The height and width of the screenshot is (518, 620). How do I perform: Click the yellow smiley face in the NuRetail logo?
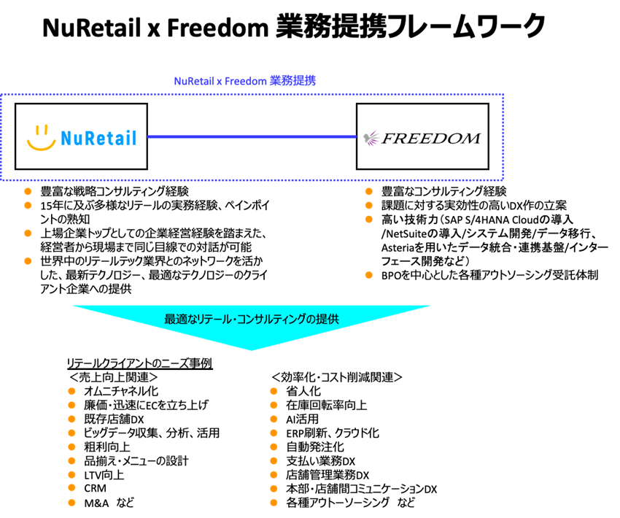pyautogui.click(x=41, y=138)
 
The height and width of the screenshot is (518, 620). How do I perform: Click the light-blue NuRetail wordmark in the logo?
pyautogui.click(x=98, y=138)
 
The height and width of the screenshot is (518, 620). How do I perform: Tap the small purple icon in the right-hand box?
pyautogui.click(x=371, y=138)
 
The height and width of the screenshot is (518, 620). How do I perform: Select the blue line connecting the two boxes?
pyautogui.click(x=252, y=136)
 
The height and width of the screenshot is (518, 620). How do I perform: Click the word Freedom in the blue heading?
pyautogui.click(x=245, y=81)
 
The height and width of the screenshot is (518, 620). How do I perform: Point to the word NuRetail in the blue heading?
pyautogui.click(x=193, y=81)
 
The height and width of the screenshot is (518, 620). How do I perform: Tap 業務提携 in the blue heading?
pyautogui.click(x=292, y=81)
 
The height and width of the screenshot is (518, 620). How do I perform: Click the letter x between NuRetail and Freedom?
pyautogui.click(x=219, y=82)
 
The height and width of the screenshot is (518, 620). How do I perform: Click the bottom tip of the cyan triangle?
pyautogui.click(x=252, y=349)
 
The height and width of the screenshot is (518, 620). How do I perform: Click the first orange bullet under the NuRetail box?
pyautogui.click(x=28, y=191)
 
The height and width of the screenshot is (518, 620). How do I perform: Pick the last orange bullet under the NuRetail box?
pyautogui.click(x=28, y=260)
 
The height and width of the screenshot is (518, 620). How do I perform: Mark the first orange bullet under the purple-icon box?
pyautogui.click(x=368, y=191)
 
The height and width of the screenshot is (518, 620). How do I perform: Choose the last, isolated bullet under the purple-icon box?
pyautogui.click(x=368, y=275)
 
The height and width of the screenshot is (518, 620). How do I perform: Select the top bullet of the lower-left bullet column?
pyautogui.click(x=71, y=391)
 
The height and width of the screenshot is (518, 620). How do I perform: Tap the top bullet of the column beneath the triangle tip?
pyautogui.click(x=274, y=391)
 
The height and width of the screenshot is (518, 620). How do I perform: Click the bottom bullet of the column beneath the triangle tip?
pyautogui.click(x=274, y=503)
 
